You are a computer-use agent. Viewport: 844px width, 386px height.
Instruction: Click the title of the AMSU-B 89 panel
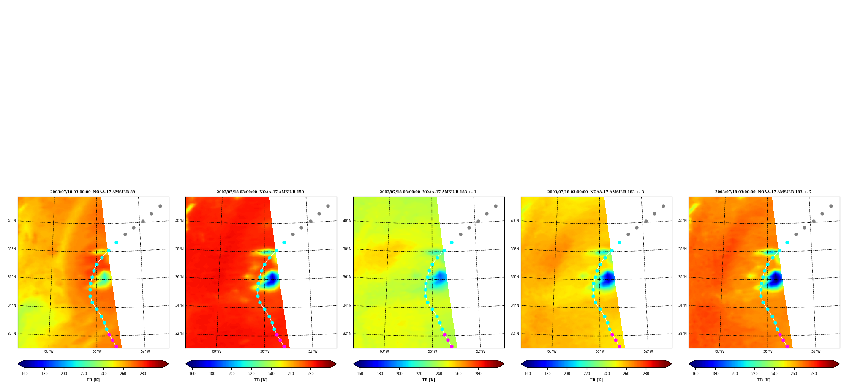pos(93,192)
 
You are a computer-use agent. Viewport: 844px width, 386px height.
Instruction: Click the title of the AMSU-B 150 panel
pos(260,192)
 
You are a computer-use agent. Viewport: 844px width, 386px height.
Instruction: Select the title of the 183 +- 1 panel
pos(428,192)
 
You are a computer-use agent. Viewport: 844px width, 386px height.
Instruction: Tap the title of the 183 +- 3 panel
pos(596,192)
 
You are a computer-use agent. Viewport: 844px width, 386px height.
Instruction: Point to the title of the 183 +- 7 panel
pos(763,192)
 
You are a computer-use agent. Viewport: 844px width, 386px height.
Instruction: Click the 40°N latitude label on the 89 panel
pos(12,221)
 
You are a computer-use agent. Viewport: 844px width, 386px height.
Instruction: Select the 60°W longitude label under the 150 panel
pos(217,351)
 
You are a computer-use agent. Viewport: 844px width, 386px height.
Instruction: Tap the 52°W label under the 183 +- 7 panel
pos(816,351)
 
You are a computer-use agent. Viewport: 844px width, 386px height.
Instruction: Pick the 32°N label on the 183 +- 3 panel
pos(515,334)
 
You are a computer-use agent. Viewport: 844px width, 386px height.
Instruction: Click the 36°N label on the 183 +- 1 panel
pos(347,277)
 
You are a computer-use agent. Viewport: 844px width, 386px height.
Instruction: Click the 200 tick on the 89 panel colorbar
pos(64,374)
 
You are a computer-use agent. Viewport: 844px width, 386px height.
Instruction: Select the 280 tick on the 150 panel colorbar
pos(310,374)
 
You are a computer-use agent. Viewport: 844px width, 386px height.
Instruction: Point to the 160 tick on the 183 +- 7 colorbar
pos(695,374)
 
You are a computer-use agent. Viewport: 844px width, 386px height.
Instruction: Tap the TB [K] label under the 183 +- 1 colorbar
pos(428,380)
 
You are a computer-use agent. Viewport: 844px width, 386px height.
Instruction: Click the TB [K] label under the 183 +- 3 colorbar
pos(596,380)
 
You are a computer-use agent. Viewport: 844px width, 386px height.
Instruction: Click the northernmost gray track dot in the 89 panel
pos(160,206)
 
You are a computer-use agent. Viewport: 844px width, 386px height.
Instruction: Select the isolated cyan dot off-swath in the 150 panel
pos(284,243)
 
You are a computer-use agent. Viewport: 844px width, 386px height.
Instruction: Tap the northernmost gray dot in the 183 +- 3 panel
pos(663,206)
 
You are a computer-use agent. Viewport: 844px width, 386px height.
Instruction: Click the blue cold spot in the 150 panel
pos(272,279)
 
